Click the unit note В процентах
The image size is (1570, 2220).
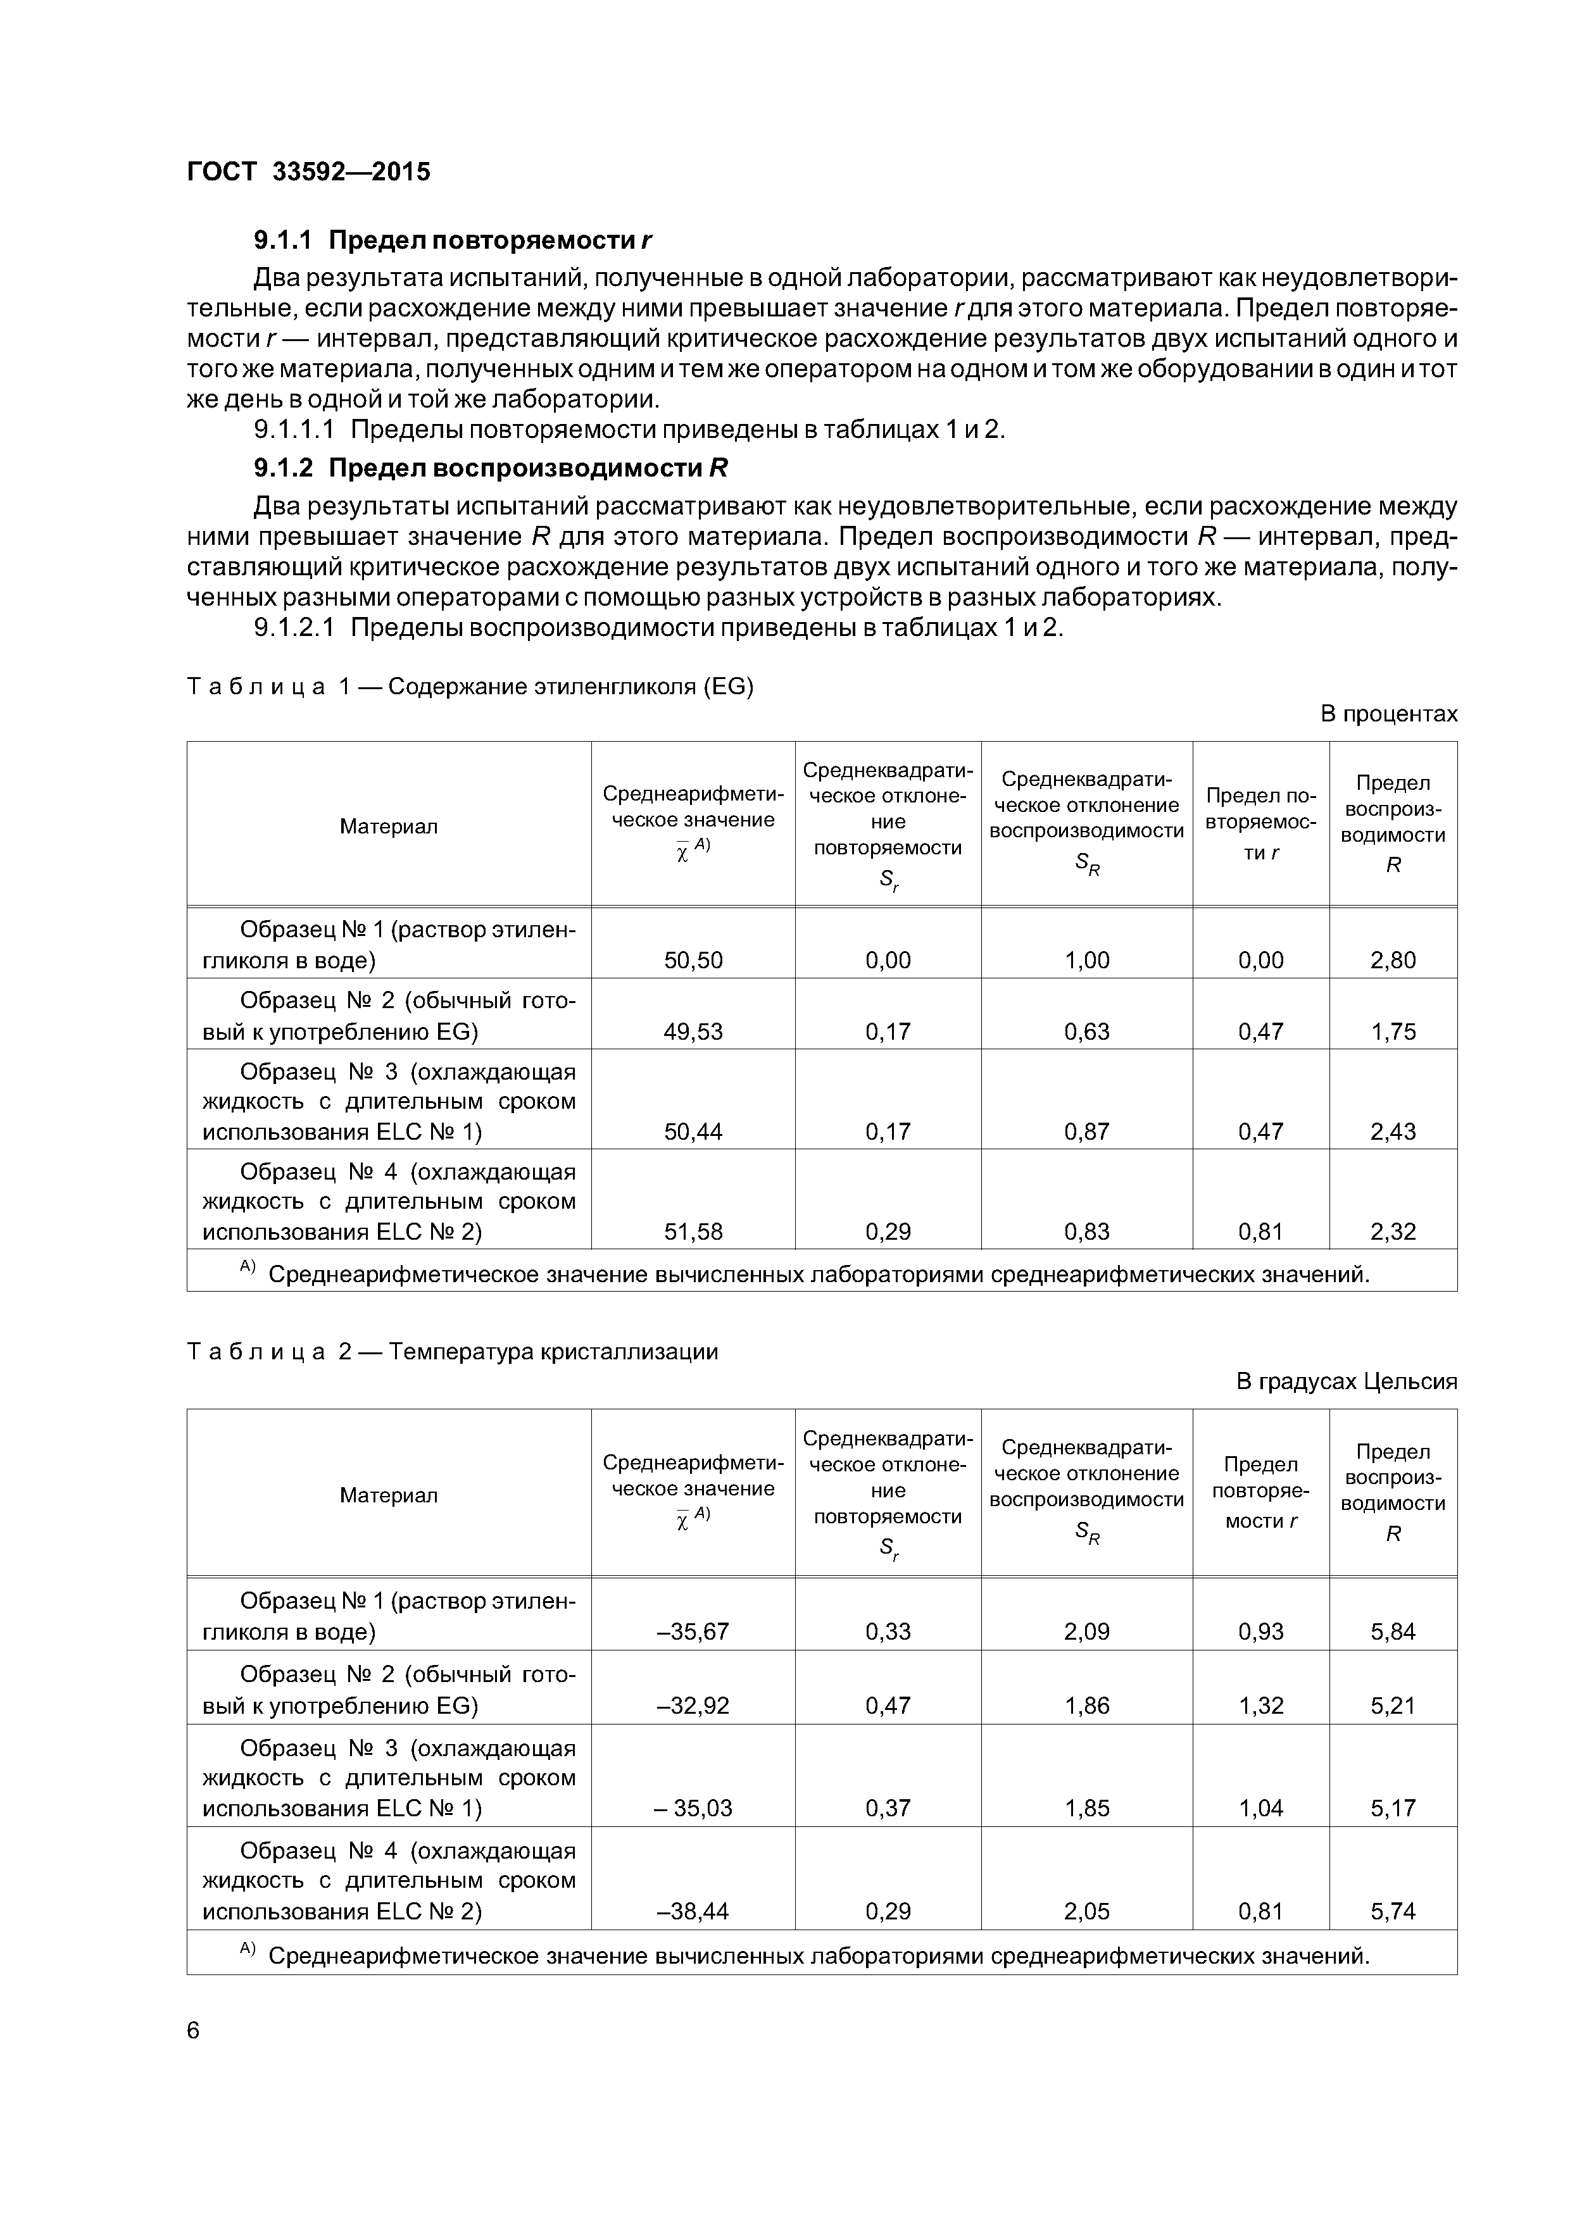(x=1388, y=714)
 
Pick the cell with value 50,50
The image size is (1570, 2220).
(x=693, y=960)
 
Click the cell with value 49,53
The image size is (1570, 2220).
(x=693, y=1031)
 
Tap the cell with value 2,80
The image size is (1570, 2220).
(x=1392, y=960)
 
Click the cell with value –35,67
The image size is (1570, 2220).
(x=693, y=1631)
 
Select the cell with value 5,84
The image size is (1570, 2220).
(x=1392, y=1631)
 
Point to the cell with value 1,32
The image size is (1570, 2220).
(x=1260, y=1705)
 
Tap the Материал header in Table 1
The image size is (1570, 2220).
(x=388, y=826)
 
